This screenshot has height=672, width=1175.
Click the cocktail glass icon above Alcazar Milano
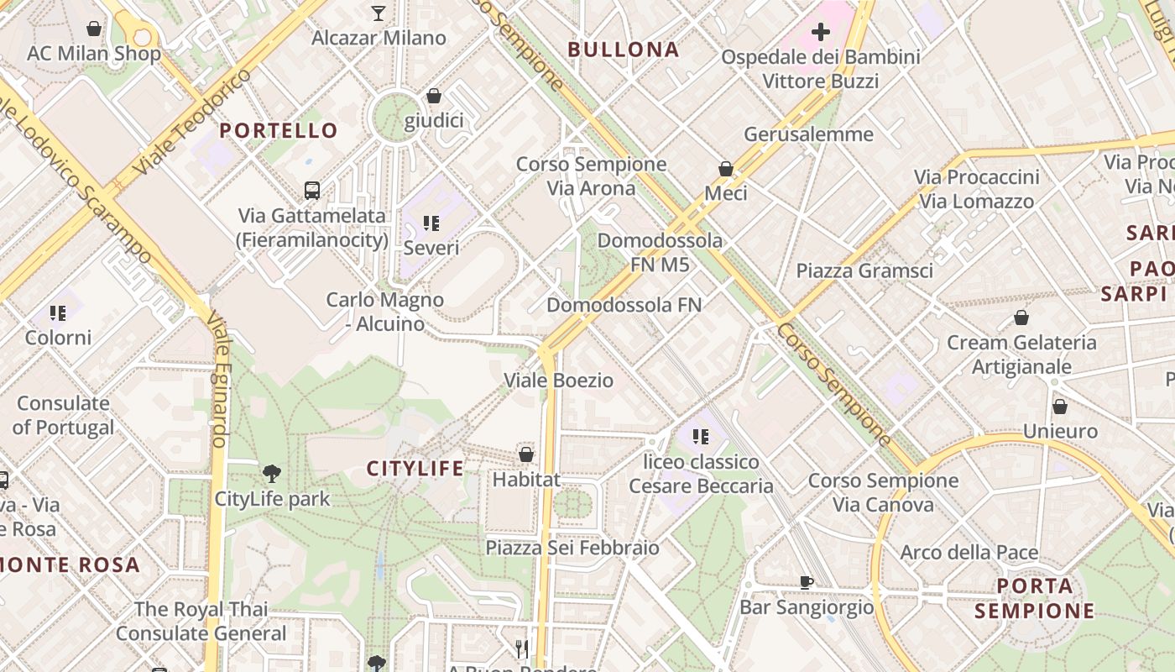click(x=379, y=13)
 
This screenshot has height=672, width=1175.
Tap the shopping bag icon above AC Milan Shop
click(x=94, y=29)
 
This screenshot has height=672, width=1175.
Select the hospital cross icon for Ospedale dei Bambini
click(x=820, y=33)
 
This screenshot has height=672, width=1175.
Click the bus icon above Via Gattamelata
click(x=312, y=191)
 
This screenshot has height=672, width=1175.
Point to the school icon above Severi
click(x=431, y=223)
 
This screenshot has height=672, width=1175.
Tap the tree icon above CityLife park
click(x=271, y=474)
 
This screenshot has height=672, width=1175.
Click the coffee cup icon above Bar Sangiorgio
click(x=807, y=581)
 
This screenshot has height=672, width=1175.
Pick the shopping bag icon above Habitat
click(x=526, y=454)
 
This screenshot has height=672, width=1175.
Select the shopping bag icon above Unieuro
click(x=1060, y=407)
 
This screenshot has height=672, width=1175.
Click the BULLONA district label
click(x=624, y=50)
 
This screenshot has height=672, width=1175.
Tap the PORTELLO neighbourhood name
click(x=279, y=131)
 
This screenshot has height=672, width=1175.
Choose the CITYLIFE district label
click(x=415, y=469)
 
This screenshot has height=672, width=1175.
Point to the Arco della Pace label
click(x=969, y=553)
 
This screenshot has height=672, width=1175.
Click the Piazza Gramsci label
click(x=864, y=270)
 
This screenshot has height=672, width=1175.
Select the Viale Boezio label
click(x=558, y=381)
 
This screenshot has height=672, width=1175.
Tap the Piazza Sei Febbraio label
click(x=572, y=548)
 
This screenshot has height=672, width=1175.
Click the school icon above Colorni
click(x=58, y=313)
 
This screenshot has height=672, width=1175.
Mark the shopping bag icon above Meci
click(x=726, y=169)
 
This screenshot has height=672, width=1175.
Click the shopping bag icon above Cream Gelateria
click(x=1021, y=318)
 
